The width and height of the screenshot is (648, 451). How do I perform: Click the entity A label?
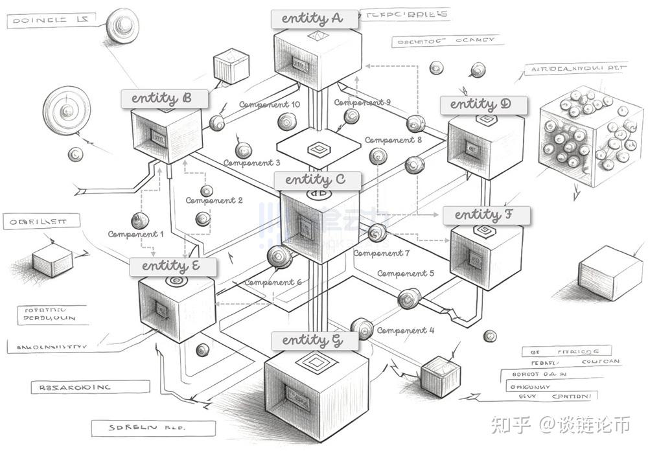pos(315,19)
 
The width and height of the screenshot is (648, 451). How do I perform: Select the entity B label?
pos(165,99)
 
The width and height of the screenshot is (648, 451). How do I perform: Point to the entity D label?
pos(483,105)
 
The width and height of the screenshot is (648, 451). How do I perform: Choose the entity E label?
pos(173,266)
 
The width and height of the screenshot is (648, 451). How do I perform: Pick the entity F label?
pos(486,215)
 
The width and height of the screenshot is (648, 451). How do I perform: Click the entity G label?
pos(314,340)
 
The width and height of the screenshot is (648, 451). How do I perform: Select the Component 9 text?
pos(362,102)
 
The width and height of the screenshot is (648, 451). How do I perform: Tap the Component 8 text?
pos(393,140)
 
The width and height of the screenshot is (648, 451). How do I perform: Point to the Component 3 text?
pos(252,163)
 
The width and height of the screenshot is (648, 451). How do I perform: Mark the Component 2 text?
pos(214,201)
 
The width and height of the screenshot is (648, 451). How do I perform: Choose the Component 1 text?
pos(135,234)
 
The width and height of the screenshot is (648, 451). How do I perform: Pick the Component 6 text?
pos(273,283)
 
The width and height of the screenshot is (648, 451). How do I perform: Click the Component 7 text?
pos(381,253)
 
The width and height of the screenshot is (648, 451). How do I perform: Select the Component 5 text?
pos(406,273)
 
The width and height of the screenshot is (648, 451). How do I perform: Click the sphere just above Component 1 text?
pos(139,220)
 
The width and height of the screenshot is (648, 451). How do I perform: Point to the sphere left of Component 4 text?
pos(361,329)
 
